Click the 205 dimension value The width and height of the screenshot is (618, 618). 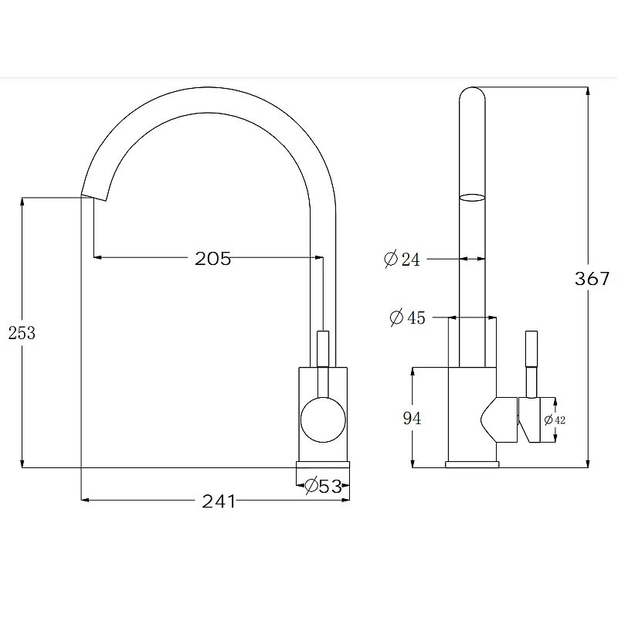[x=213, y=259]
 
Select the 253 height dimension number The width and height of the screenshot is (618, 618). [x=22, y=333]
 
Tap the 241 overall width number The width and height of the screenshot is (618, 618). [x=219, y=501]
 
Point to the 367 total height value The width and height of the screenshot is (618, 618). [x=592, y=279]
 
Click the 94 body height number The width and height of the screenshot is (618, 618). [x=412, y=418]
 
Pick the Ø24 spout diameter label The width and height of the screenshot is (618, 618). [x=402, y=259]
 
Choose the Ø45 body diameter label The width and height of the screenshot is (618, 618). [x=408, y=317]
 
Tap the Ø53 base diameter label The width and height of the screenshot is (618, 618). [x=323, y=486]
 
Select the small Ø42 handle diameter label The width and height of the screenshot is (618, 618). [x=555, y=420]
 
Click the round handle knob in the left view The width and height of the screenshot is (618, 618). [x=323, y=419]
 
